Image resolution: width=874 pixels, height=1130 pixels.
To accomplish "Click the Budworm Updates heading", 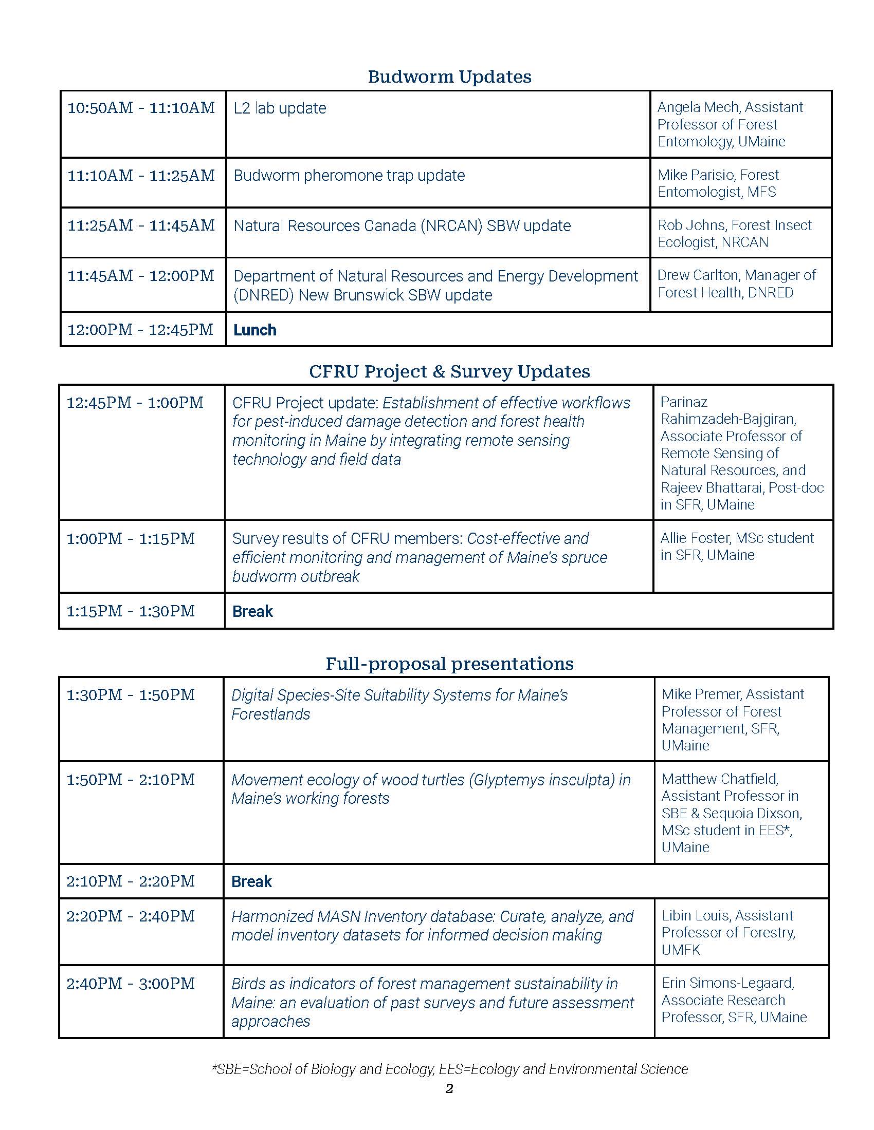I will [449, 77].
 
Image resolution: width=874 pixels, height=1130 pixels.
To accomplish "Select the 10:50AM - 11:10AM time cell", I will [141, 108].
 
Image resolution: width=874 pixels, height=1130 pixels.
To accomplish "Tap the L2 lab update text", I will [280, 108].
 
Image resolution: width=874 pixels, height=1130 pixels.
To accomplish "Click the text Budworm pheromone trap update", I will [349, 175].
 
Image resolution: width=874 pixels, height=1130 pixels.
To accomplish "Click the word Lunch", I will [254, 330].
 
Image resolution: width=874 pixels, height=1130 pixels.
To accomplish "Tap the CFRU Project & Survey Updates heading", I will [449, 371].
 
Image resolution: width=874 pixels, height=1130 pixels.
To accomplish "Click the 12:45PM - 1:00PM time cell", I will [135, 403].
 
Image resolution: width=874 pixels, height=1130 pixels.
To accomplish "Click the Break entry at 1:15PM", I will [252, 611].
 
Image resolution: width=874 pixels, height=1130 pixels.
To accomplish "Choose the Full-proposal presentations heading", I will [449, 663].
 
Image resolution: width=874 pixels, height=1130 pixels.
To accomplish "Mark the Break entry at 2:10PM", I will [251, 881].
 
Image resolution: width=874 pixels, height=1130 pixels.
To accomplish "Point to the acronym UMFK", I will [681, 949].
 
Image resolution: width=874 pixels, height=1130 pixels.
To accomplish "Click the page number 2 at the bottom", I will [449, 1089].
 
